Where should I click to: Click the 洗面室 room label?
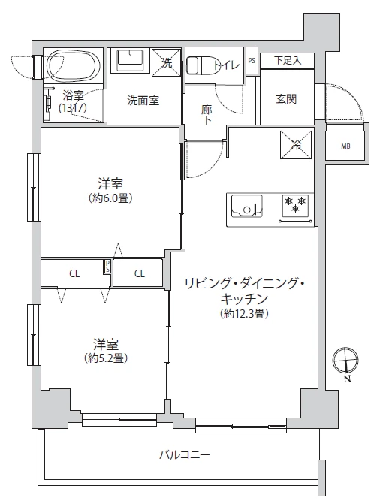pos(142,101)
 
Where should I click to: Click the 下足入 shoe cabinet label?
pos(288,61)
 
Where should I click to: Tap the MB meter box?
pos(346,146)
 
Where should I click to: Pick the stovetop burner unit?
pos(295,206)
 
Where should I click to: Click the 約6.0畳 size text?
pos(110,199)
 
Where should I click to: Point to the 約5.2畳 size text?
pos(105,358)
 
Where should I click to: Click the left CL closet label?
pos(74,273)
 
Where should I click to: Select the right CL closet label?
pos(140,273)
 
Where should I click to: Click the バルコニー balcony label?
pos(184,454)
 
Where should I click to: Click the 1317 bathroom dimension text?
pos(73,108)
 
